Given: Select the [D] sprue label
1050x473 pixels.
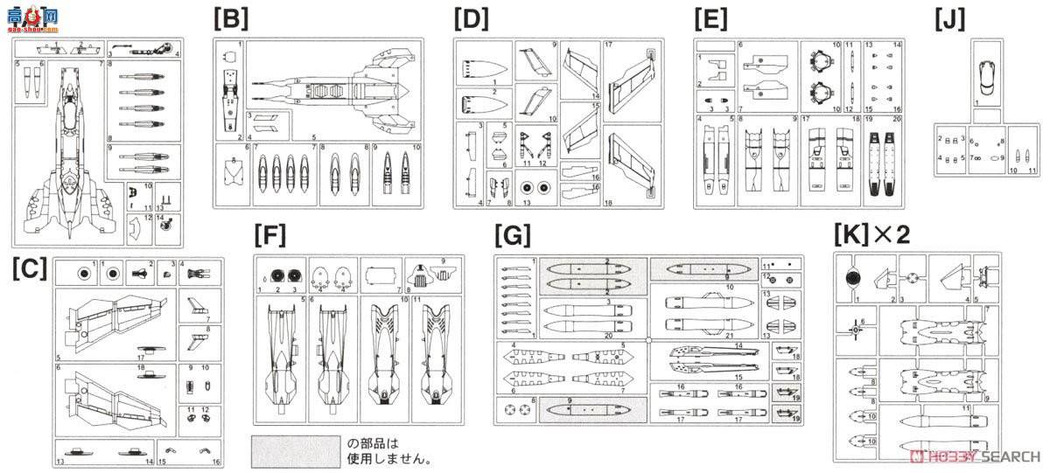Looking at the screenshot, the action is tap(470, 18).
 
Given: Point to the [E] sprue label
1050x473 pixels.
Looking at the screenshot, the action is tap(710, 18).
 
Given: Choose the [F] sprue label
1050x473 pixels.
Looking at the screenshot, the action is tap(269, 235).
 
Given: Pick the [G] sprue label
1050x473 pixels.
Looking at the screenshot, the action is tap(512, 236).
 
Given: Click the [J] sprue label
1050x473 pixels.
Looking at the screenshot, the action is tap(950, 18).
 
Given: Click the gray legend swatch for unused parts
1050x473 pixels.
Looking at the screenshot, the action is tap(295, 450).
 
